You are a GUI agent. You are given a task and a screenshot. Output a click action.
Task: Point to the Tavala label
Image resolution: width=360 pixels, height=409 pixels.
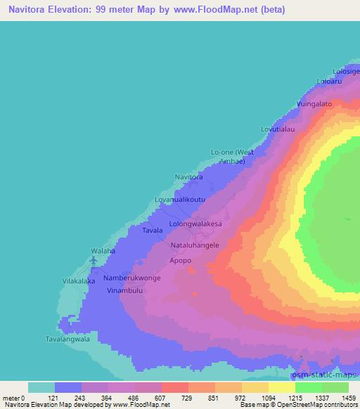[153, 231]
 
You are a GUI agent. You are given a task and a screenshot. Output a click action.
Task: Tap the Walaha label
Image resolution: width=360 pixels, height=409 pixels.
[103, 250]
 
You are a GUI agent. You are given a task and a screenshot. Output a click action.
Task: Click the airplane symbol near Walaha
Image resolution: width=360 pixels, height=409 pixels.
[94, 262]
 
